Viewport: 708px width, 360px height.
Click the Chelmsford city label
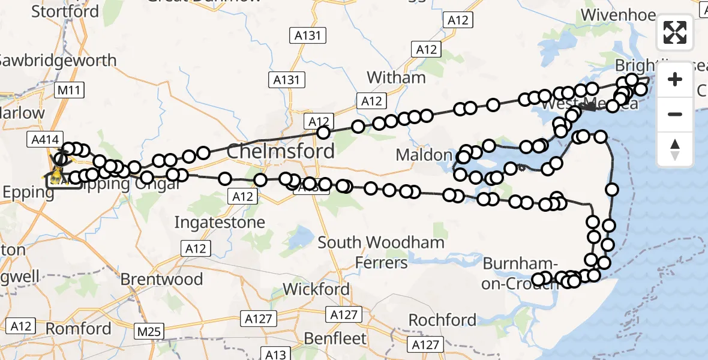point(280,151)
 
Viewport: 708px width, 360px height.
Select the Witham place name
point(396,77)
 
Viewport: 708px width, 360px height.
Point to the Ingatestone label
point(220,223)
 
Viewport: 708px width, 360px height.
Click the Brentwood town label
point(161,279)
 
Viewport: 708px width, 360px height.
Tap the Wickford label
point(316,289)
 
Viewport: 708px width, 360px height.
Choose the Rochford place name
point(443,320)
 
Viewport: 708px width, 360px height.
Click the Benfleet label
point(335,338)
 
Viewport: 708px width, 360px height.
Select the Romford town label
point(79,329)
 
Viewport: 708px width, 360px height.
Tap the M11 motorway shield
point(69,91)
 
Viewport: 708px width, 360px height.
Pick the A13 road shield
point(276,353)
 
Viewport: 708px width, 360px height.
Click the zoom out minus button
point(675,114)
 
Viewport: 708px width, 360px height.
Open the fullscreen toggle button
point(675,32)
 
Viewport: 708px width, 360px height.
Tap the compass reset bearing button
point(675,149)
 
